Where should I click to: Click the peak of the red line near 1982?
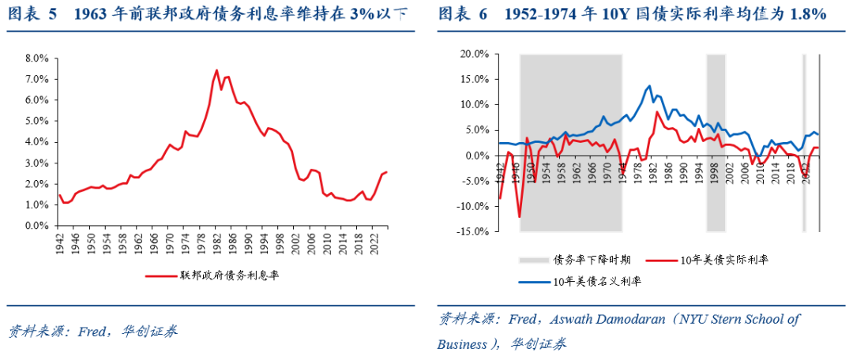(x=216, y=70)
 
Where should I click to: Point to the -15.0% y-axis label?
(x=472, y=232)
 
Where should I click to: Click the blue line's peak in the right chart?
(x=649, y=86)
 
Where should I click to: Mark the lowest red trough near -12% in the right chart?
(x=520, y=216)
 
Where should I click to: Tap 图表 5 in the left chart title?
(x=32, y=14)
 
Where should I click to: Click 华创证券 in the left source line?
(x=150, y=331)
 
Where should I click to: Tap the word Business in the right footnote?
(x=462, y=344)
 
